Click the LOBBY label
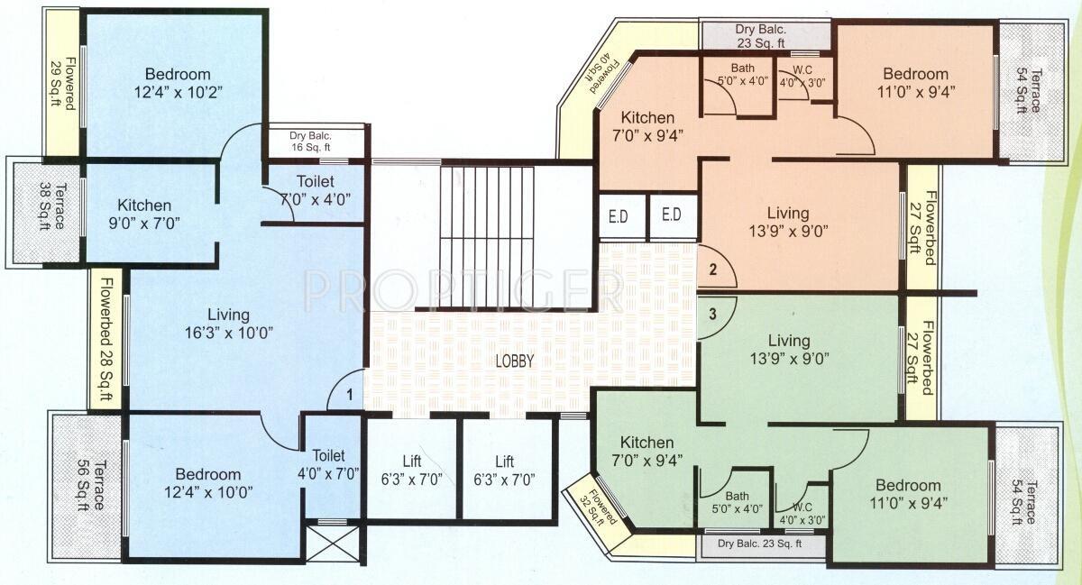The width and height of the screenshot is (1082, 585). point(515,361)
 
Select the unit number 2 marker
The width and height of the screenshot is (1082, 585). point(712,268)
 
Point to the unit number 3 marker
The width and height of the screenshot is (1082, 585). point(712,315)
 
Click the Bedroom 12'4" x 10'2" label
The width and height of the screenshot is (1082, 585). point(178,83)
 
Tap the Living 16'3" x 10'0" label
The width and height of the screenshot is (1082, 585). point(227,324)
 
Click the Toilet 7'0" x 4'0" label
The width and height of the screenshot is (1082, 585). point(307,190)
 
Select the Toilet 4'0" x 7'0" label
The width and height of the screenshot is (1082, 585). point(328,464)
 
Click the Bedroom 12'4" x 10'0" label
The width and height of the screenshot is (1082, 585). point(207,483)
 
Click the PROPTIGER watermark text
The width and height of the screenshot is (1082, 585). point(462,290)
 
